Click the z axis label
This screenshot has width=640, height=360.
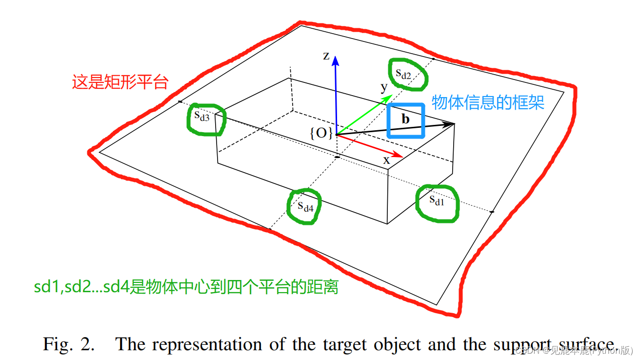326,56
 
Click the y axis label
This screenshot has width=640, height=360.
384,87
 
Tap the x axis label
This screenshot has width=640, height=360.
386,160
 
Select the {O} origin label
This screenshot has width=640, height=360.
321,133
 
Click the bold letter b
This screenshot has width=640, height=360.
405,119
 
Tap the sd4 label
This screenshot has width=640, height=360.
305,205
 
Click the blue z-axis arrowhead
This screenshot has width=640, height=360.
335,60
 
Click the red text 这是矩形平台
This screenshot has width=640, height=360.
120,82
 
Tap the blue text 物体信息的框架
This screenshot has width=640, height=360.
488,102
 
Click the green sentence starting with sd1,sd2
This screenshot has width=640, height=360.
186,287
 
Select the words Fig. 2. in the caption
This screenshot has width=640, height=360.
68,344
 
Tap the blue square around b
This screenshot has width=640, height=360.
406,104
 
